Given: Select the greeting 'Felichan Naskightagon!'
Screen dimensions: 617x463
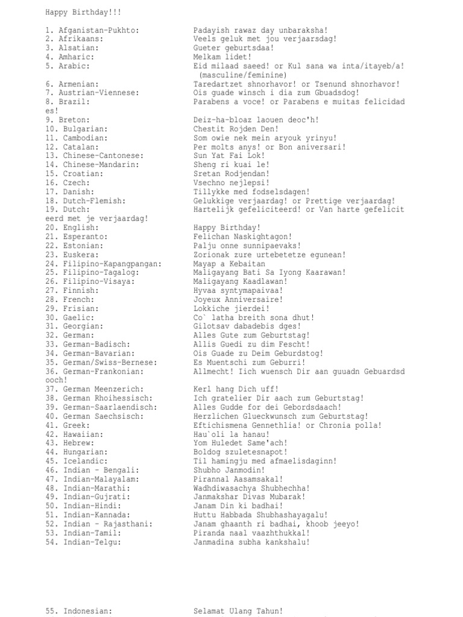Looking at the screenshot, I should point(242,237).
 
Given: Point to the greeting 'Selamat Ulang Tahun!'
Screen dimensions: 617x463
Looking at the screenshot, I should point(238,611).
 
